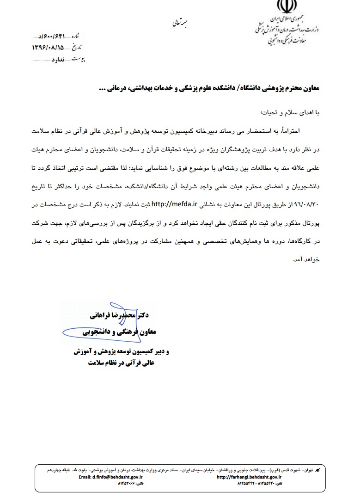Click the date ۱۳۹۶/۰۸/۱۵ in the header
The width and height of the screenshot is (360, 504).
point(48,48)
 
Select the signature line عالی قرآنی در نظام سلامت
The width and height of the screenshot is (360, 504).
point(120,363)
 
